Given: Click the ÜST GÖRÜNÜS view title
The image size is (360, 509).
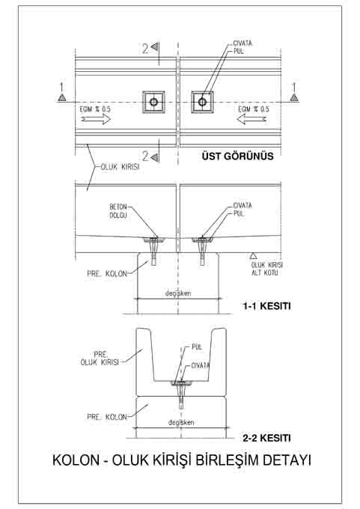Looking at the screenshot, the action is pos(237,156).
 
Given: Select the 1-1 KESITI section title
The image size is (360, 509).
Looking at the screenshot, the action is pos(267,306).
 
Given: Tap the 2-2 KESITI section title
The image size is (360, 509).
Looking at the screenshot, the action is pos(267,438).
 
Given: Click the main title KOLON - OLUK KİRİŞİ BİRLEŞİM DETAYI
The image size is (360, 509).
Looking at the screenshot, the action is pos(181,460).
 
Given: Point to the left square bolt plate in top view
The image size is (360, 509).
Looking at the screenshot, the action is pos(153,103).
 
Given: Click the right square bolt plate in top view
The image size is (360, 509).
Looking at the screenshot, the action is pos(202,103).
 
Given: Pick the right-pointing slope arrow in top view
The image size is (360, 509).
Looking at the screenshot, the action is pos(96,119).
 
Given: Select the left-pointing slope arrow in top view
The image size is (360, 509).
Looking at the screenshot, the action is pos(251,119).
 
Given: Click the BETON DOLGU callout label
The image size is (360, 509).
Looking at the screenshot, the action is pos(118,211).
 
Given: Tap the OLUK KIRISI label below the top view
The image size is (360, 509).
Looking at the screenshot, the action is pos(120,167).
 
